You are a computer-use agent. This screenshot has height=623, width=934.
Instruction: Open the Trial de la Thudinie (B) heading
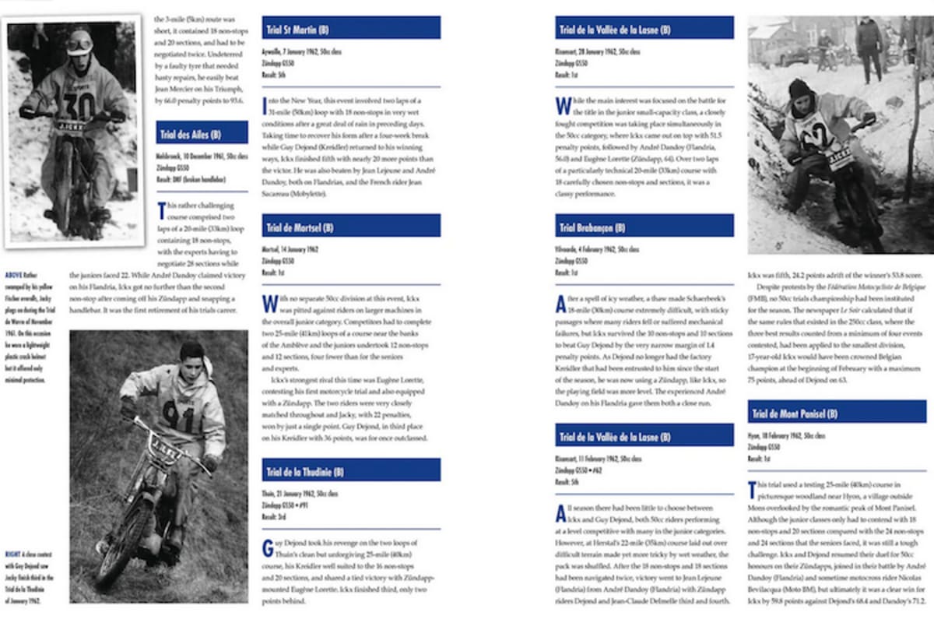(x=310, y=471)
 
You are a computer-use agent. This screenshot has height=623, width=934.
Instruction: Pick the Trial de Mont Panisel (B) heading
(x=793, y=414)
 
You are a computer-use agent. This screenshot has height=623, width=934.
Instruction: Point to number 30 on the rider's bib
(x=78, y=100)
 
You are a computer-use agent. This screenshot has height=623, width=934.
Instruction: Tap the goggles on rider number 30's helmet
(x=79, y=44)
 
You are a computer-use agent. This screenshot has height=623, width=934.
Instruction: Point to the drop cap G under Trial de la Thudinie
(x=268, y=547)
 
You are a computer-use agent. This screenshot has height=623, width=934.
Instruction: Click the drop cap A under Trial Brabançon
(x=560, y=303)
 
